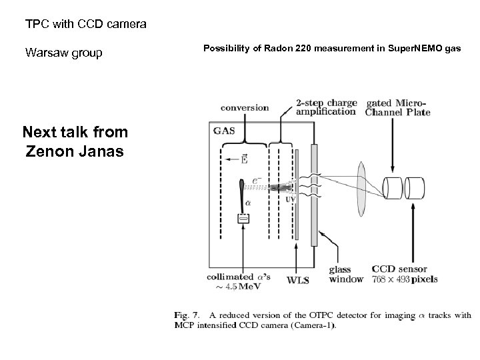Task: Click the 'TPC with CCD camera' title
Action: (86, 25)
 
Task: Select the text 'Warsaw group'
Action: (64, 52)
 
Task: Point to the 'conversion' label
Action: (245, 107)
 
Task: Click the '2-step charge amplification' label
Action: (325, 107)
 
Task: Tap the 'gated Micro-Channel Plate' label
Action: (398, 107)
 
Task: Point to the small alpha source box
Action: (243, 218)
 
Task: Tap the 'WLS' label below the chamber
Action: (297, 280)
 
